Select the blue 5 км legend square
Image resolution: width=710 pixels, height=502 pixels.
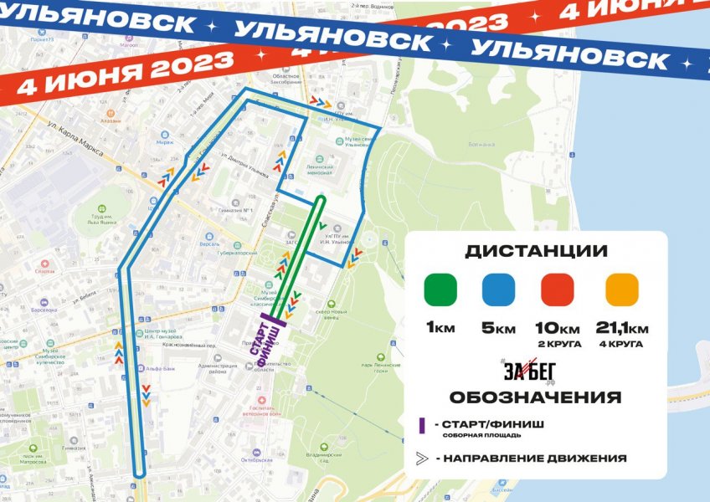click(498, 290)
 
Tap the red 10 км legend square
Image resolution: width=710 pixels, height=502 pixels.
click(558, 290)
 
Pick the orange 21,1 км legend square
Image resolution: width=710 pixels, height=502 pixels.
click(621, 290)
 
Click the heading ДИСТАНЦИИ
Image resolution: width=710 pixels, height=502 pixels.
click(536, 251)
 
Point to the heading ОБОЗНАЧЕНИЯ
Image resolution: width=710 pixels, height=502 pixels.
click(535, 397)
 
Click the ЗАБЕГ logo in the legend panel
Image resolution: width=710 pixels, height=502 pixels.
click(529, 369)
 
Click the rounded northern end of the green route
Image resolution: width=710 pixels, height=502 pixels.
click(322, 201)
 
